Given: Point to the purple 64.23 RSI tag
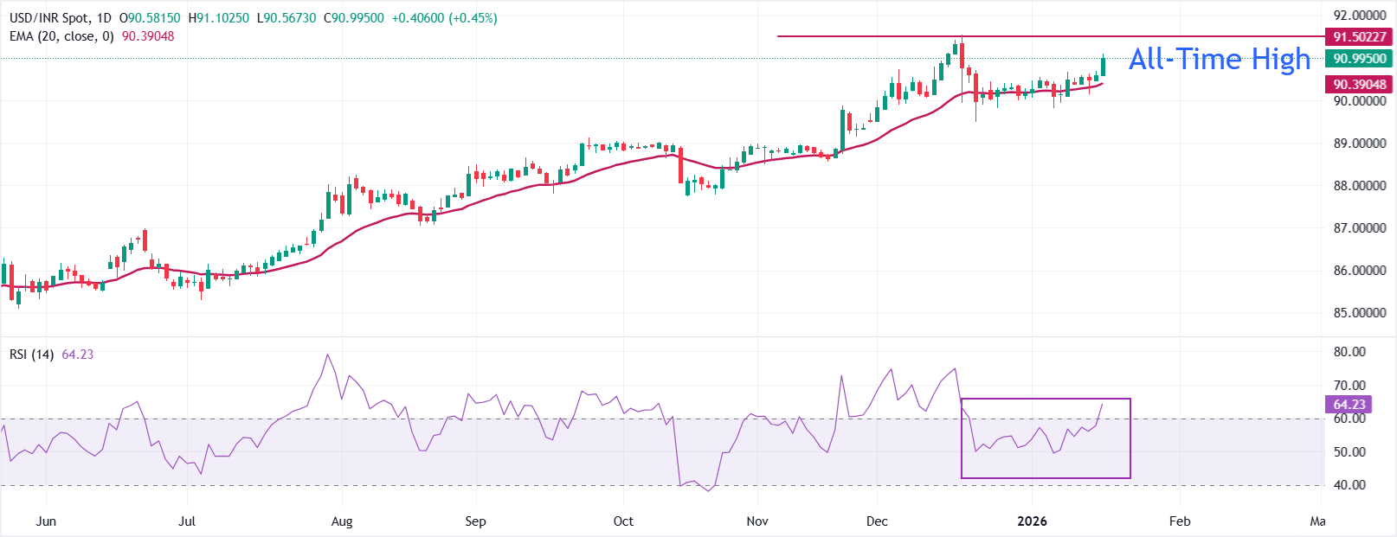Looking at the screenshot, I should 1349,405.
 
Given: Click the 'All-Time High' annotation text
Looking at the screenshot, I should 1220,59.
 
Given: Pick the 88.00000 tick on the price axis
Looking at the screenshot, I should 1359,186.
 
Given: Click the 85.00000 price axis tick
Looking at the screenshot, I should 1359,313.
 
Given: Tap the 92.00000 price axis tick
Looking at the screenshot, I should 1359,16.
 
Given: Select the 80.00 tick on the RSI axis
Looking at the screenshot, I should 1349,352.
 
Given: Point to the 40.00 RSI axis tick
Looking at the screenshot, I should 1349,485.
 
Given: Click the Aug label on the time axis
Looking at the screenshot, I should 342,521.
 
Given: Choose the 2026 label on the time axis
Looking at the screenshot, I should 1032,521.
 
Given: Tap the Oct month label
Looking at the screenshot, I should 623,521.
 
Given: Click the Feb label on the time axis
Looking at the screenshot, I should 1180,521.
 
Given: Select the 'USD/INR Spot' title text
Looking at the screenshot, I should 49,18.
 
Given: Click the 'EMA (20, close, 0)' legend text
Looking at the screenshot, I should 61,36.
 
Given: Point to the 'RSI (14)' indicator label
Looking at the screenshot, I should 32,355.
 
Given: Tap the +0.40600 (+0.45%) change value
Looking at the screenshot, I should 444,18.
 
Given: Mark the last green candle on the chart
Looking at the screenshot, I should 1104,67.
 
